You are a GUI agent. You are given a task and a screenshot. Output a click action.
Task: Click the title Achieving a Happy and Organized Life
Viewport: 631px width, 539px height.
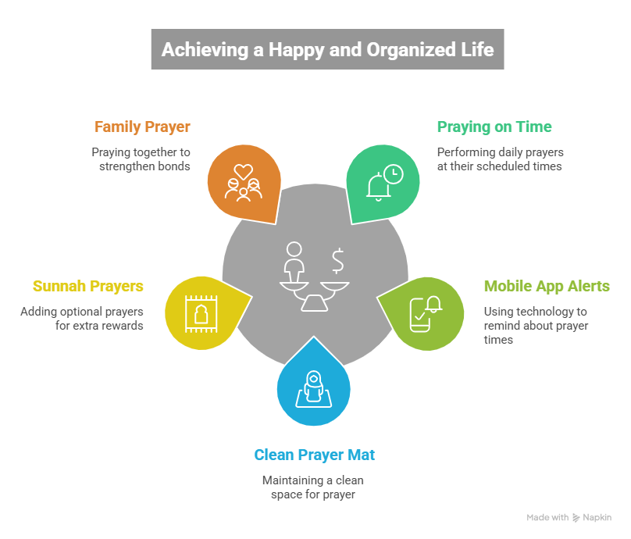pos(327,49)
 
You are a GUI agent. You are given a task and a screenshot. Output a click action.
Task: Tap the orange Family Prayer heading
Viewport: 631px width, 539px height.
pos(142,127)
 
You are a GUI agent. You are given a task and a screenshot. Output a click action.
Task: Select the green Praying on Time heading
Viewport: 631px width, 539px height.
pos(494,127)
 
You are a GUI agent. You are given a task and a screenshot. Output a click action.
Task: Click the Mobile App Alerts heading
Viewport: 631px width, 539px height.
pos(547,286)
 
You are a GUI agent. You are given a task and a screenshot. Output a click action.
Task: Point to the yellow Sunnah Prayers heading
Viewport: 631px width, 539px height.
pos(88,286)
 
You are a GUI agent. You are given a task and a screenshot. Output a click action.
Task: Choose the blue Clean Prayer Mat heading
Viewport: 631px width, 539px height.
pos(315,455)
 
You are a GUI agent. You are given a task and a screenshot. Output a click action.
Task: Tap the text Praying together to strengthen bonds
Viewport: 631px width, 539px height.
pos(141,159)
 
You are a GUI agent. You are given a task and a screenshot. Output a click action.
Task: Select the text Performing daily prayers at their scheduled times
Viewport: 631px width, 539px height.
pos(500,159)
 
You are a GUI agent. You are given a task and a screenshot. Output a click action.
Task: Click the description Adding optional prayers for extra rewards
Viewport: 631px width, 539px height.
pos(82,318)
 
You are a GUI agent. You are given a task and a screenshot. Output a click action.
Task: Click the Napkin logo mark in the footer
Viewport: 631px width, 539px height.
pos(576,518)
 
